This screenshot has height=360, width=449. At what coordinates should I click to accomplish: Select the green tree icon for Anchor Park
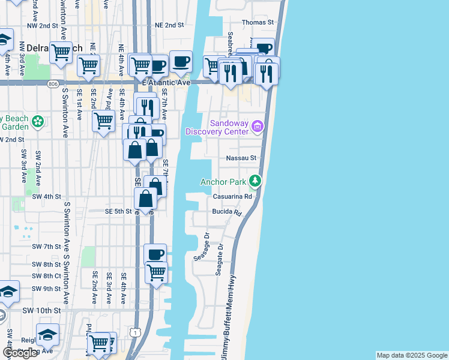click(255, 181)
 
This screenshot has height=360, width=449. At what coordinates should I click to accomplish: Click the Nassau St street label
click(241, 158)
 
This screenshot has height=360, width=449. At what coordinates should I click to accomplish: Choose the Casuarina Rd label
click(231, 196)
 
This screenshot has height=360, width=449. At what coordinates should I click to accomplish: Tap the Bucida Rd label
click(226, 212)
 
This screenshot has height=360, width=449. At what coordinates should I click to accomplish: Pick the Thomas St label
click(258, 22)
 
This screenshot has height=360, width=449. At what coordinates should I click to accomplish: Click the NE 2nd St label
click(169, 25)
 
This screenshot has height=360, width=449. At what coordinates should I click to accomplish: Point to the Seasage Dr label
click(200, 247)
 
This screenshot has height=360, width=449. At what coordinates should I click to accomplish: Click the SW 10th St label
click(41, 310)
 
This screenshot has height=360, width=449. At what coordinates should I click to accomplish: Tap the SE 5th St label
click(118, 211)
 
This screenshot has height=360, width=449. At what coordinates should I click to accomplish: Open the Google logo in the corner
click(21, 353)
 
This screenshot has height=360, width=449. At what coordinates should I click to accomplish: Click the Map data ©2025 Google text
click(411, 355)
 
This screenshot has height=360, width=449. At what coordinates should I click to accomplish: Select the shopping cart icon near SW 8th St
click(156, 272)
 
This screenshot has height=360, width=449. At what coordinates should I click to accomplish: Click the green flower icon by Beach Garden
click(38, 122)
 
